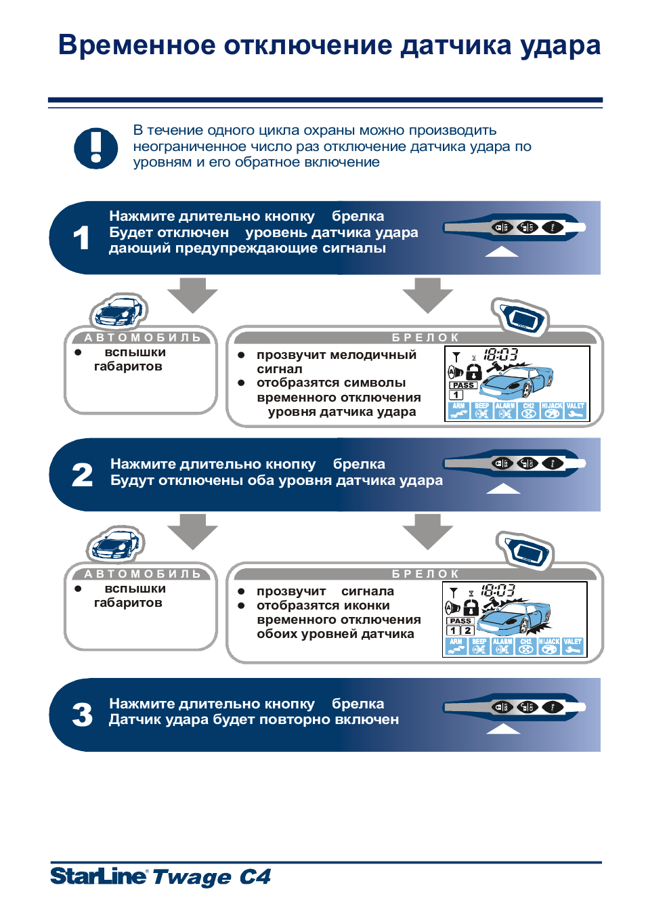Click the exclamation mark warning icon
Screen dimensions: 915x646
coord(95,148)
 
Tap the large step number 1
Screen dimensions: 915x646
coord(81,238)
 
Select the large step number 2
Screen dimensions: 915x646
coord(82,475)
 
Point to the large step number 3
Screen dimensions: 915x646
coord(82,715)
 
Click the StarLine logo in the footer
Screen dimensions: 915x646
coord(98,876)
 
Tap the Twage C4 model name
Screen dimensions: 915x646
coord(211,877)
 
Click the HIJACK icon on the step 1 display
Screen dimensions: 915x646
coord(552,410)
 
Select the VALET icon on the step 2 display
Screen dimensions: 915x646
coord(572,646)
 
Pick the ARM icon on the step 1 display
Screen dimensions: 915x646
coord(458,410)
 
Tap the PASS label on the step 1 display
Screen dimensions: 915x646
coord(463,385)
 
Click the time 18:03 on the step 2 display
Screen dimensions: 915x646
coord(498,591)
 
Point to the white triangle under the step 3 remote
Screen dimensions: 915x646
coord(502,729)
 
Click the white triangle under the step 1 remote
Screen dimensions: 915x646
coord(502,252)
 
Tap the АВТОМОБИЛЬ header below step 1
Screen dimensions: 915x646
coord(142,337)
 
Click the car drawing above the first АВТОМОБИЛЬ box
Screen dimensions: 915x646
coord(119,311)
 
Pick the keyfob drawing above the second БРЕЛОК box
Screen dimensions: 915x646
coord(525,550)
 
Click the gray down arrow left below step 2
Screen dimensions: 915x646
coord(192,530)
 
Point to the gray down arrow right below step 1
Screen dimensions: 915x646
coord(427,294)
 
